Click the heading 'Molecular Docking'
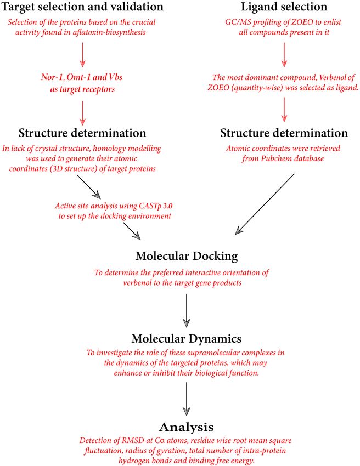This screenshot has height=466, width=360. coord(187,256)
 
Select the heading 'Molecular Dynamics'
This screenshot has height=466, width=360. coord(187,338)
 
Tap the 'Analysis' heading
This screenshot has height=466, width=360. coord(187,427)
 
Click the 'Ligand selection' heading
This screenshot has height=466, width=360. coord(284,7)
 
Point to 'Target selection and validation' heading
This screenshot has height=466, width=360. coord(82,7)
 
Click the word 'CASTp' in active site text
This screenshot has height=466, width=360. coord(148,206)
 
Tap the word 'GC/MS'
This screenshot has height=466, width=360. coord(235,22)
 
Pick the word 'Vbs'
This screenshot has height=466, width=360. coord(116,77)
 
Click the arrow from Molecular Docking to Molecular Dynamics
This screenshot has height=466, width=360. coord(187,310)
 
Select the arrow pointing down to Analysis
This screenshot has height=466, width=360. coord(187,399)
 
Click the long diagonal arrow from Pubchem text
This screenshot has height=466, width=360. coord(265,204)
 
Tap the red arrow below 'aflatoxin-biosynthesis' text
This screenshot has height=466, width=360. coord(82,54)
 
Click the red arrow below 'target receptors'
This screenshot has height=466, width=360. coord(82,113)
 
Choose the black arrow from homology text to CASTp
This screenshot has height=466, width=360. coord(89,186)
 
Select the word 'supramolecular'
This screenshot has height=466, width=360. coord(213,353)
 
